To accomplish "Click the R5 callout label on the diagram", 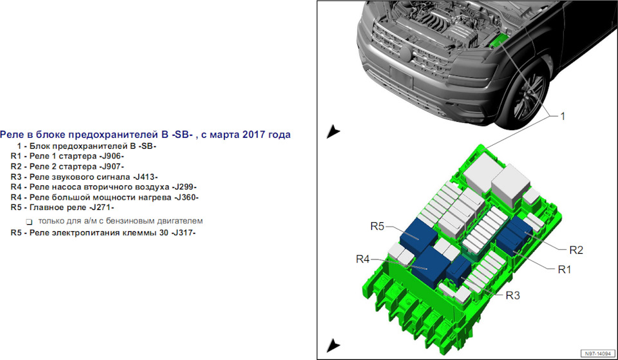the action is [377, 226].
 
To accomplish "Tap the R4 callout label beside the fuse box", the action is [362, 259].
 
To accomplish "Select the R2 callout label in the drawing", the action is [576, 250].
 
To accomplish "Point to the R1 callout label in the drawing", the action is [565, 270].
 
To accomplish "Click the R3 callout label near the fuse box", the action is [513, 296].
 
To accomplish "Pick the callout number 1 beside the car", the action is [563, 117].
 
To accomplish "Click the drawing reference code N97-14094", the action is [598, 354].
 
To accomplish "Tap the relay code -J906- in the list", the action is [111, 156].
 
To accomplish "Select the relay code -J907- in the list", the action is [111, 166].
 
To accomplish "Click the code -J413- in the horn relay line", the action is [145, 177].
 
